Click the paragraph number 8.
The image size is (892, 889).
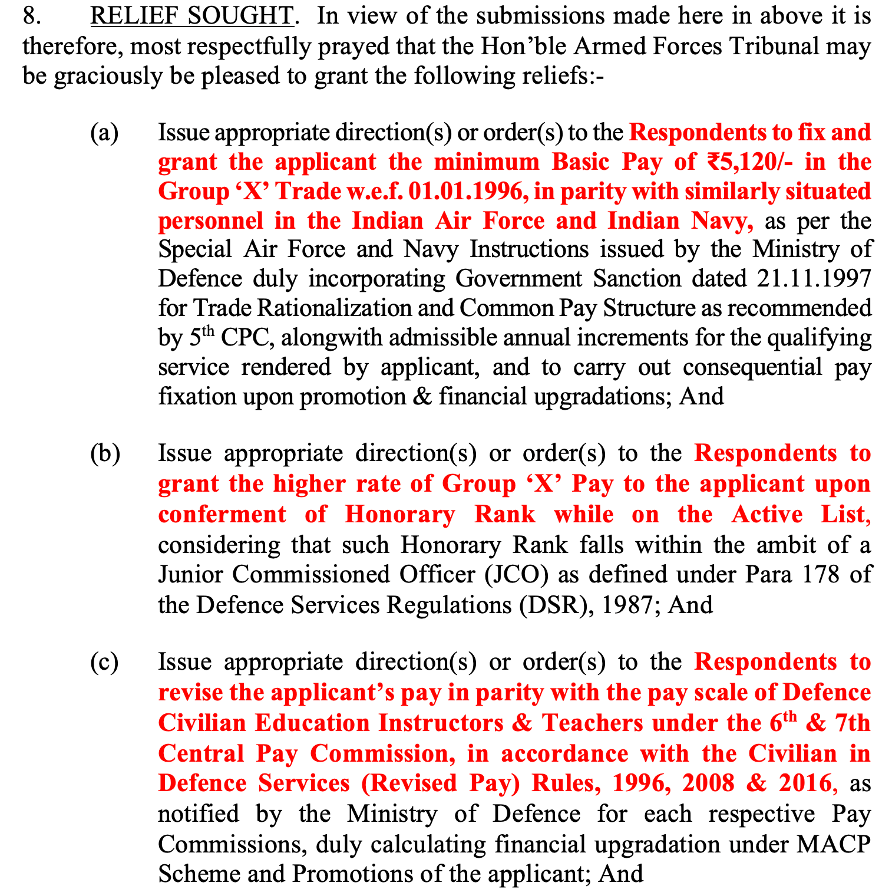tap(31, 17)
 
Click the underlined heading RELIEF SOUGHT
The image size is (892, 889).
tap(191, 17)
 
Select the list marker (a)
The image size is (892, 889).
tap(104, 133)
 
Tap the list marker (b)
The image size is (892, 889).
tap(105, 453)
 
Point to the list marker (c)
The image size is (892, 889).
tap(104, 662)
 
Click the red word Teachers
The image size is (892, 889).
tap(593, 723)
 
